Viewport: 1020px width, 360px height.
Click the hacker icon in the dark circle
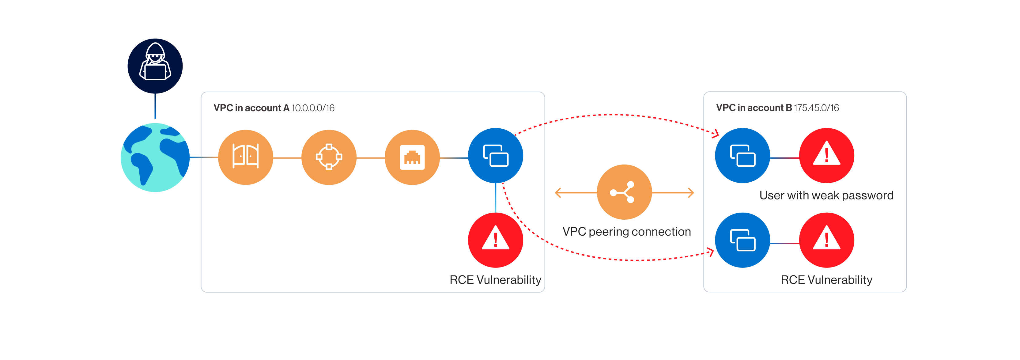click(155, 66)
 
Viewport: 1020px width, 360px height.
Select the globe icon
click(155, 157)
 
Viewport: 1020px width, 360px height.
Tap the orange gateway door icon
click(245, 157)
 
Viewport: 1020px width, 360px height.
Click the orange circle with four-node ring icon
click(329, 157)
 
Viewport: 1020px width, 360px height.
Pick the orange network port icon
click(412, 157)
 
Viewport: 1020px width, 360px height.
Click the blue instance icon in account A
click(496, 156)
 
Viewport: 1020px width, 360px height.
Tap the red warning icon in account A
click(496, 240)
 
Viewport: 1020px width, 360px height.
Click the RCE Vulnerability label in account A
click(495, 280)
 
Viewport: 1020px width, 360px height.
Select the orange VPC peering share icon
click(625, 192)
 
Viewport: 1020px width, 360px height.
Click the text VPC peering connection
click(627, 232)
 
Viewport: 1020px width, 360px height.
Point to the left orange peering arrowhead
click(558, 193)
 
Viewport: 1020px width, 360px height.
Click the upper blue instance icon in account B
click(743, 156)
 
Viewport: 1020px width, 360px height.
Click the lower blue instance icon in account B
click(743, 240)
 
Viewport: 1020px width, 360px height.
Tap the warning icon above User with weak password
click(827, 156)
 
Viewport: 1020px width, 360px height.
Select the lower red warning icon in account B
click(827, 240)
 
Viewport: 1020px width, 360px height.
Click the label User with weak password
click(826, 195)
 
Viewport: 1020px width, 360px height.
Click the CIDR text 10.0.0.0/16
click(313, 108)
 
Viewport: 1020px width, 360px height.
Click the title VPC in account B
click(754, 108)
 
